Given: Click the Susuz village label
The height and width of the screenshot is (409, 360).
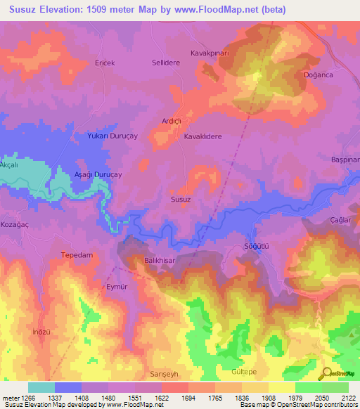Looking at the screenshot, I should pos(181,200).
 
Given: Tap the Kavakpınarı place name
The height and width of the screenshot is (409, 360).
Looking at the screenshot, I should pos(211,53).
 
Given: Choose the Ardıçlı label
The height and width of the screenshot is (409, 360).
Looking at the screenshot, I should pos(172,120).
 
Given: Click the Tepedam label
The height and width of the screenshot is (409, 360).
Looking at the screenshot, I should pos(77,254).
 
